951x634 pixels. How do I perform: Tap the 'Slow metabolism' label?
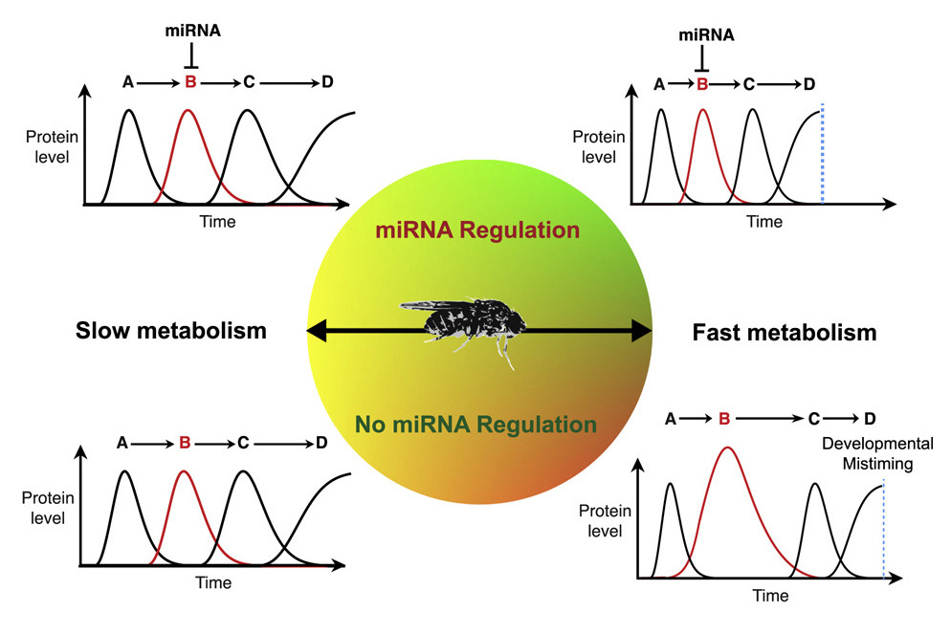coord(171,331)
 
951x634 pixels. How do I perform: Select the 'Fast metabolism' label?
coord(785,333)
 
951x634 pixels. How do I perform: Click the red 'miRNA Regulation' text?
coord(477,230)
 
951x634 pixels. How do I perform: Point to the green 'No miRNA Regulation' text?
coord(475,425)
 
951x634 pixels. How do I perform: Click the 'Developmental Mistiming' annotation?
coord(877,453)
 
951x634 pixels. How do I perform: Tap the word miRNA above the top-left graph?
coord(193,31)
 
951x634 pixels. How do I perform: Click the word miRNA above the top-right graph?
coord(706,35)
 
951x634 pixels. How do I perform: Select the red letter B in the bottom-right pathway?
coord(723,418)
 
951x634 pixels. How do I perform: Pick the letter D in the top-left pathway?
coord(327,81)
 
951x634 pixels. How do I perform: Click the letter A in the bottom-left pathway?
coord(122,443)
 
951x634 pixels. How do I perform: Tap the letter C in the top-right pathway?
coord(749,84)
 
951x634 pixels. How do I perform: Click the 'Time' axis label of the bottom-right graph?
coord(770,596)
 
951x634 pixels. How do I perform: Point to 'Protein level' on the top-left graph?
coord(52,146)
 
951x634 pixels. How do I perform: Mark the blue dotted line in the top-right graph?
coord(822,153)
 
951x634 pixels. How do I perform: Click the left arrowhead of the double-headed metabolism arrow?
coord(317,331)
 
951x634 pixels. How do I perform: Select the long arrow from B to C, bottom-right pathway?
coord(769,418)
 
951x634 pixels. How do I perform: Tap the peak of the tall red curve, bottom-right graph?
coord(726,448)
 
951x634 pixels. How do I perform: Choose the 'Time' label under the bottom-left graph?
coord(213,582)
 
